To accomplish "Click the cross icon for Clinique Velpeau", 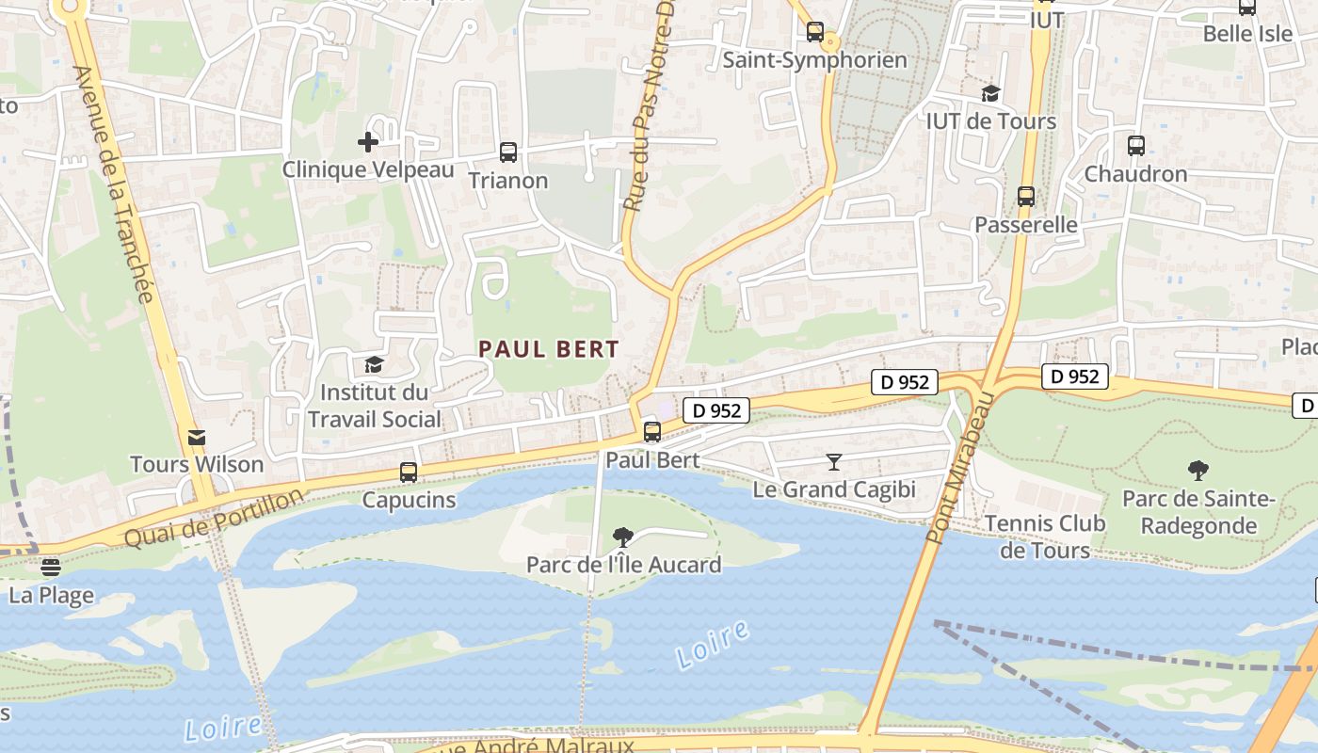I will pos(367,142).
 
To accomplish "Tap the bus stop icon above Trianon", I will pos(508,152).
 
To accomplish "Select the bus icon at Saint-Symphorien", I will pos(815,32).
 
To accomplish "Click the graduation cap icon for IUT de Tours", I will pos(990,93).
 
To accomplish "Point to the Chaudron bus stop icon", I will pos(1136,146).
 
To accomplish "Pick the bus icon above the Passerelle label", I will pos(1026,197).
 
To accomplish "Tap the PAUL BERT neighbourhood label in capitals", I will pos(549,349).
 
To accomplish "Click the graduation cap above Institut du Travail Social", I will pos(374,364).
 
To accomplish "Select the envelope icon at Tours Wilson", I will pos(197,437).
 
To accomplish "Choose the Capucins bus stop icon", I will pos(409,473).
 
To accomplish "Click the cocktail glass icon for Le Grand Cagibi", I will pos(833,461).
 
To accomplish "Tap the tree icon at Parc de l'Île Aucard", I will pos(622,537).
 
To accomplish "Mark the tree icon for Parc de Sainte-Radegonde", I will pos(1198,470).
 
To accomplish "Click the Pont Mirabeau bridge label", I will pos(959,469).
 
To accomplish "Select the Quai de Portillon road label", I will pos(215,518).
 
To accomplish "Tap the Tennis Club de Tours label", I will pos(1045,537).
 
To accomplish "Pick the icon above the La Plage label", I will pos(51,567).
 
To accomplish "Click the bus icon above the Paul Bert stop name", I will pos(651,432).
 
